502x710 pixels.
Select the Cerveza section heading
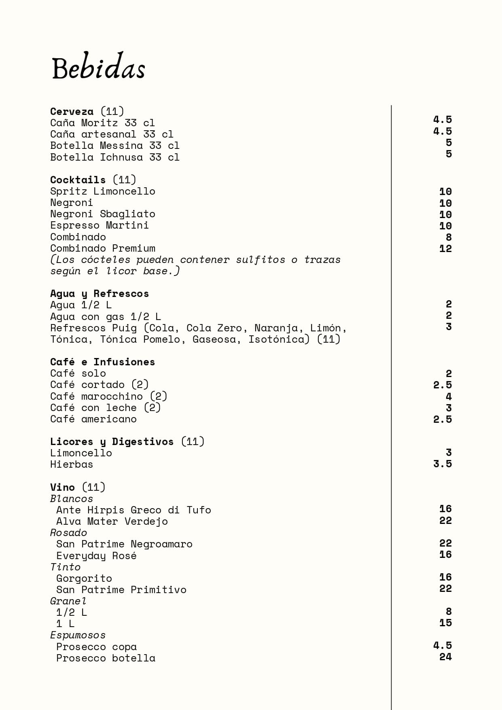tap(72, 111)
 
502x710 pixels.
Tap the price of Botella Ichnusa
tap(449, 154)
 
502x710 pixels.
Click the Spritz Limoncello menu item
tap(103, 191)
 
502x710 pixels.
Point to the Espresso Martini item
tap(100, 225)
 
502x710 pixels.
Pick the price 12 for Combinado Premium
tap(445, 248)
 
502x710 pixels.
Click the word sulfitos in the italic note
tap(261, 259)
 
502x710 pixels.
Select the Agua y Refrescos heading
tap(100, 293)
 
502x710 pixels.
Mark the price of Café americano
tap(443, 419)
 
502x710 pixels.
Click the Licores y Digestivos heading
tap(112, 441)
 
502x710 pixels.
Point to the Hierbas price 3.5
tap(443, 464)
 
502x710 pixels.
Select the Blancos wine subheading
tap(72, 498)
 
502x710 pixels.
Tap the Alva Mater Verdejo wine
tap(112, 521)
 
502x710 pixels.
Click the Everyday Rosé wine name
tap(96, 555)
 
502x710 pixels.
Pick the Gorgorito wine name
tap(84, 578)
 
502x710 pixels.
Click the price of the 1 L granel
tap(445, 623)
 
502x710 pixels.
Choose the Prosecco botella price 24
tap(445, 657)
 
